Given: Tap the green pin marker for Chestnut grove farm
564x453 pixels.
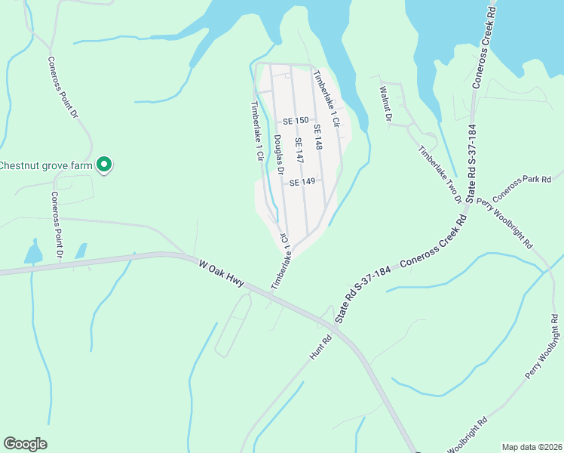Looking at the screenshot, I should coord(106,164).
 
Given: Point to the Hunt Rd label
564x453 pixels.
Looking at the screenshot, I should coord(320,347).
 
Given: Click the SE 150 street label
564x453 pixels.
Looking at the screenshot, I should coord(296,122).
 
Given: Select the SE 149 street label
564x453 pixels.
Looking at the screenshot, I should coord(302,182).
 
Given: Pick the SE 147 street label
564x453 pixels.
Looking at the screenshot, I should coord(299,152).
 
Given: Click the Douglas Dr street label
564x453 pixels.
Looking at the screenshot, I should coord(278,156).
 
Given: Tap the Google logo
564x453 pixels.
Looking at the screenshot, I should coord(26,444).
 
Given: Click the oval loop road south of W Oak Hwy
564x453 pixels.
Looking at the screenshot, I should coord(233,325).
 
